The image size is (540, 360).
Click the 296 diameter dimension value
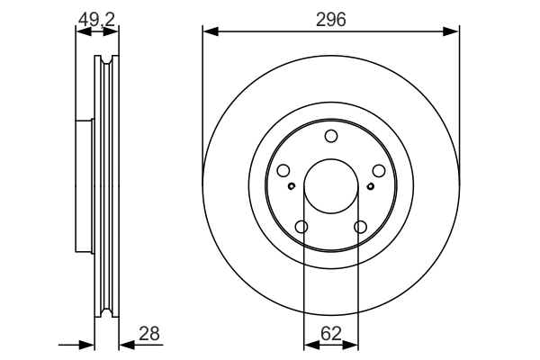point(330,19)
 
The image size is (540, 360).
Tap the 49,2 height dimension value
point(96,19)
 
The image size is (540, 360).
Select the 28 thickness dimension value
point(149,334)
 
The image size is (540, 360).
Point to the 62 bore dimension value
point(331,334)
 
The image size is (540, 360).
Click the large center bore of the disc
point(331,186)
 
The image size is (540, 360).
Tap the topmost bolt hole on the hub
point(331,136)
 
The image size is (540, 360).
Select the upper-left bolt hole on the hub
point(283,170)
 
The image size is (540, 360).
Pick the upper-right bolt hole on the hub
point(379,170)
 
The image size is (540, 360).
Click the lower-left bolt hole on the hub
point(301,227)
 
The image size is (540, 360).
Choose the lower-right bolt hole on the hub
point(360,227)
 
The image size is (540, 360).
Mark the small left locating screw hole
point(292,186)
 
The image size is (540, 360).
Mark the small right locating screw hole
point(371,186)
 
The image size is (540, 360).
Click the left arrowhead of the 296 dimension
point(211,31)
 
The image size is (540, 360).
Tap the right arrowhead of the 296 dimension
point(451,31)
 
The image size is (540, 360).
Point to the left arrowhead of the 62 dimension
point(311,344)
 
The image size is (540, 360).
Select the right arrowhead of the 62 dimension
point(351,344)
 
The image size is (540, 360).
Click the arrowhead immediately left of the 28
point(127,344)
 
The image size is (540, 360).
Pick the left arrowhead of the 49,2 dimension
point(84,31)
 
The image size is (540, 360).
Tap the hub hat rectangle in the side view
point(85,186)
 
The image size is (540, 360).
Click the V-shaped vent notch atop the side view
point(106,60)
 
